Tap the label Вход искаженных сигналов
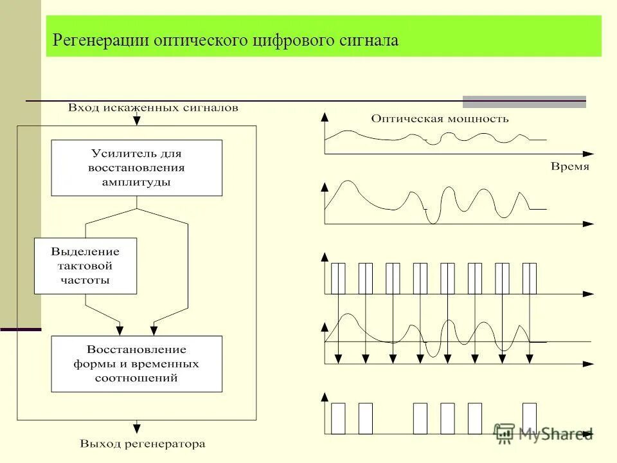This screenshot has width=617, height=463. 153,108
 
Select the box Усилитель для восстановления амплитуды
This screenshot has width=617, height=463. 136,168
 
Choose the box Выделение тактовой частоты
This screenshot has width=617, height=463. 85,266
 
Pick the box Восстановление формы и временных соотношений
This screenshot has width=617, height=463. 136,364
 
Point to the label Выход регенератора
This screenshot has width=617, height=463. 142,444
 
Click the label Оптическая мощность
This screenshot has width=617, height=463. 440,118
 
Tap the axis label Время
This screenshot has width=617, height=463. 569,167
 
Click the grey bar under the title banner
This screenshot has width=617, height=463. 524,102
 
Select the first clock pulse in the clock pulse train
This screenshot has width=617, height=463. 338,278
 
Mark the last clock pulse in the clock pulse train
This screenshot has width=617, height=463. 530,278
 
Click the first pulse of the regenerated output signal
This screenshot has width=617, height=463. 338,419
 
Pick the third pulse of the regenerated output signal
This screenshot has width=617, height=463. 420,419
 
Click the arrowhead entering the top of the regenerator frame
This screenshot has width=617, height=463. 136,121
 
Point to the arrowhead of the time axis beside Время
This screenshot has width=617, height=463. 587,154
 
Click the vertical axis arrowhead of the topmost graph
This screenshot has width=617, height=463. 325,116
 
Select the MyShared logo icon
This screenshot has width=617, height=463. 505,433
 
